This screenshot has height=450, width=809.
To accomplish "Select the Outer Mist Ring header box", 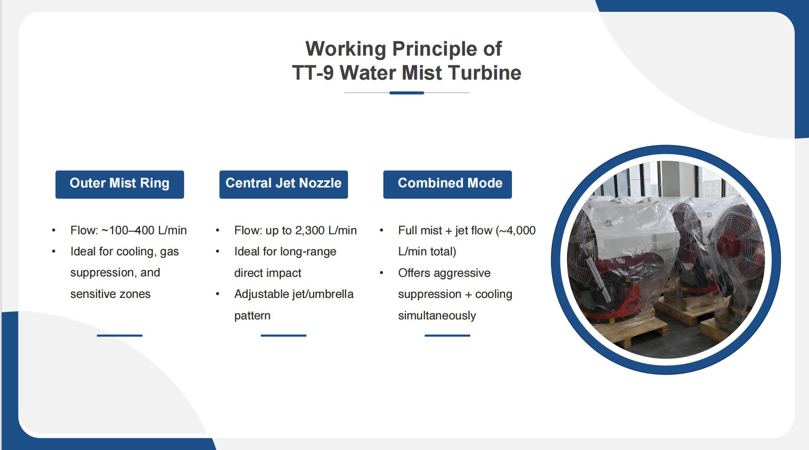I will (x=120, y=184).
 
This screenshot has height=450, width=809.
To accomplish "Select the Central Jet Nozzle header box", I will (x=284, y=184).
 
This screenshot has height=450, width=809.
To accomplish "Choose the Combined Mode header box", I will (x=447, y=184).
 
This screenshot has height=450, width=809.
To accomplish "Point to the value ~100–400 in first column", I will (x=128, y=230).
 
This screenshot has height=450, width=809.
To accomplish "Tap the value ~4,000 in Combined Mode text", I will (x=517, y=230).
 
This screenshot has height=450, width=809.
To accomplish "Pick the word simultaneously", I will (x=437, y=316).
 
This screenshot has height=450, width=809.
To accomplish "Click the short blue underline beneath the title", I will (x=407, y=93).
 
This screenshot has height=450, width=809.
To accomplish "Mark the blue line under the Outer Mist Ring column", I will (x=120, y=335).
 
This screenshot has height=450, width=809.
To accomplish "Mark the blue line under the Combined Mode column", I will (x=447, y=335).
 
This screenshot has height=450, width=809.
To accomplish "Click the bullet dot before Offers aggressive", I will (x=381, y=273).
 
